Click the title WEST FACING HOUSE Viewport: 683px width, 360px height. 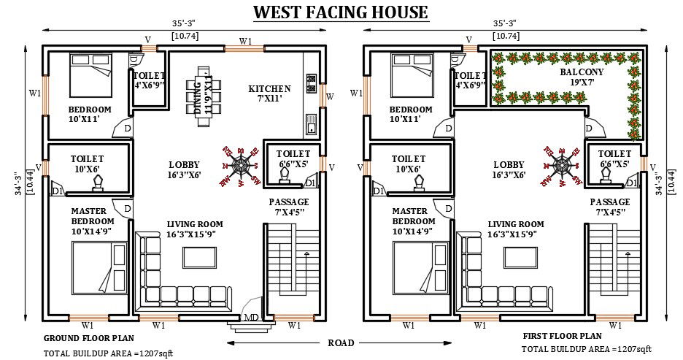click(x=341, y=12)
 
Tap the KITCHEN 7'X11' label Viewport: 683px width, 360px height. click(x=269, y=94)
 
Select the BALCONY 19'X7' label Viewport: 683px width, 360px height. click(x=581, y=78)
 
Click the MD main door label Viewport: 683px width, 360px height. click(x=251, y=317)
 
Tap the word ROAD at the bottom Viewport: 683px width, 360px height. click(x=341, y=342)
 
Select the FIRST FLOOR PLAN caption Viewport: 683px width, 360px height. click(x=562, y=337)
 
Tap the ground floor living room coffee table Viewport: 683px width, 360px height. click(x=199, y=258)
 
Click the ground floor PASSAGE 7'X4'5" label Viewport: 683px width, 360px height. click(x=289, y=207)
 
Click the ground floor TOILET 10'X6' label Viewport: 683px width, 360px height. click(x=87, y=164)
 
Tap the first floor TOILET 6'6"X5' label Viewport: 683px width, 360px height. click(x=614, y=158)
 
